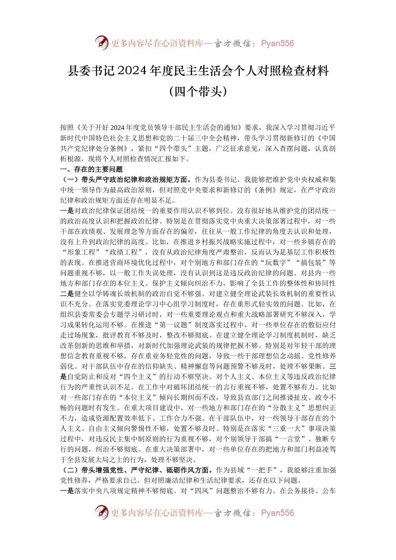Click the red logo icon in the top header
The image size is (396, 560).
[x=102, y=43]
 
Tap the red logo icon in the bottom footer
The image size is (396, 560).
[x=102, y=512]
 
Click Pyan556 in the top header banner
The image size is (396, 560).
[x=277, y=43]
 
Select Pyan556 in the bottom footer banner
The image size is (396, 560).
[x=277, y=513]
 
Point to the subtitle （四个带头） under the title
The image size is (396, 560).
[x=198, y=91]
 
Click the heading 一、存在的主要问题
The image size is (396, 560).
[x=92, y=169]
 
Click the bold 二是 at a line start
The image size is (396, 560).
[x=67, y=294]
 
